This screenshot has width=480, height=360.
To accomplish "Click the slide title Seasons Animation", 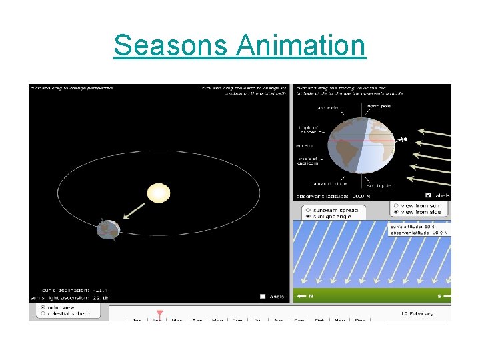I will pyautogui.click(x=239, y=46).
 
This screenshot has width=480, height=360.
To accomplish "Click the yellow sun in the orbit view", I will pyautogui.click(x=159, y=193).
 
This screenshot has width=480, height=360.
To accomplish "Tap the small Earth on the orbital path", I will pyautogui.click(x=107, y=229).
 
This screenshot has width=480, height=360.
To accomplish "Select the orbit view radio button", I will pyautogui.click(x=43, y=307).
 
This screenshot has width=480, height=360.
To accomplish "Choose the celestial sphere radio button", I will pyautogui.click(x=43, y=313).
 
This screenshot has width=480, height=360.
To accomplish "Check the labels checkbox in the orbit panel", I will pyautogui.click(x=263, y=297).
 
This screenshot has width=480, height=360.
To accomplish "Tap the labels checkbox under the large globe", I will pyautogui.click(x=428, y=195).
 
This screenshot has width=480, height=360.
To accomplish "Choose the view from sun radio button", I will pyautogui.click(x=396, y=205).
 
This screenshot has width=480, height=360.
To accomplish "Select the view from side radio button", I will pyautogui.click(x=396, y=212).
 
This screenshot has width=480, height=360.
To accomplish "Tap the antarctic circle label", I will pyautogui.click(x=330, y=184).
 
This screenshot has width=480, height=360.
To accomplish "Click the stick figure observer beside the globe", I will pyautogui.click(x=405, y=140).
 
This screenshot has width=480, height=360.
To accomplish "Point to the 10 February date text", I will pyautogui.click(x=417, y=313).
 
